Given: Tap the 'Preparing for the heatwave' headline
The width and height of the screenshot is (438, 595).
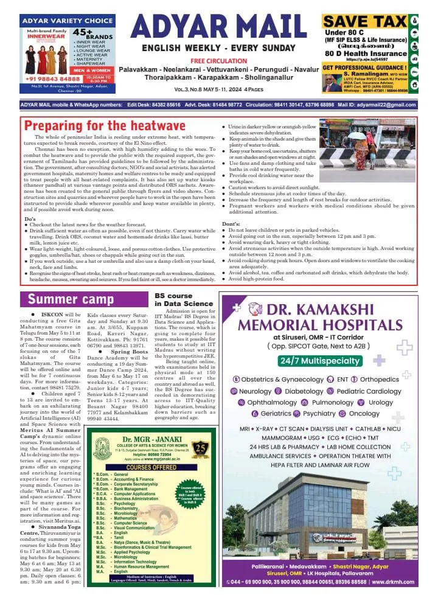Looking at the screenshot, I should pos(105,127).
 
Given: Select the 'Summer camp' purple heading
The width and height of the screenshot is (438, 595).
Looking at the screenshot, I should pos(71,299).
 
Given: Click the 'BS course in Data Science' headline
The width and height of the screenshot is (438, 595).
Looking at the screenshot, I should pos(183,299).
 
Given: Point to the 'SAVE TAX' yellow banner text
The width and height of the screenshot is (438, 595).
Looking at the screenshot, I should pos(364,21).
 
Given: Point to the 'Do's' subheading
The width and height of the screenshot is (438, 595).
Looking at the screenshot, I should pos(30,218).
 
